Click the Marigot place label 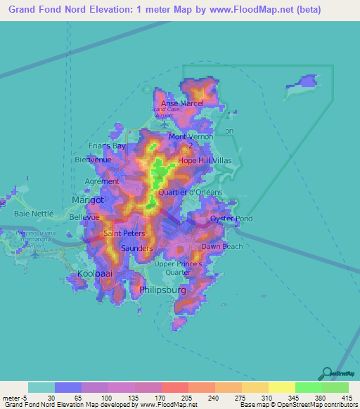(x=88, y=200)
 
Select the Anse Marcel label (x=182, y=103)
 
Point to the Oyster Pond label (x=231, y=219)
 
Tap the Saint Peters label (x=124, y=233)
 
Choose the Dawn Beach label (x=221, y=247)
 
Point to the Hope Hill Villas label (x=205, y=160)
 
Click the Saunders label (x=136, y=249)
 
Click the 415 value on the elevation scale (x=347, y=398)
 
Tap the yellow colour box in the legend (x=281, y=387)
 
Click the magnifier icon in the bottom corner (x=326, y=373)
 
